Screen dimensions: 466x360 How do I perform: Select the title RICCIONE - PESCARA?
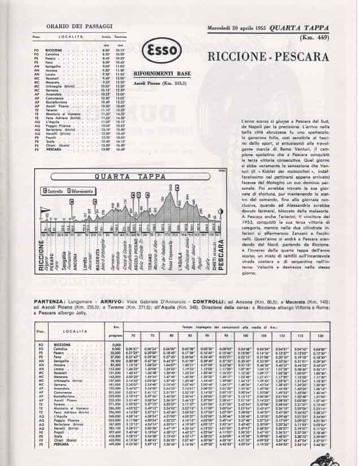[x=268, y=56]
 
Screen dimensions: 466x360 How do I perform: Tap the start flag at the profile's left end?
[x=41, y=217]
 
